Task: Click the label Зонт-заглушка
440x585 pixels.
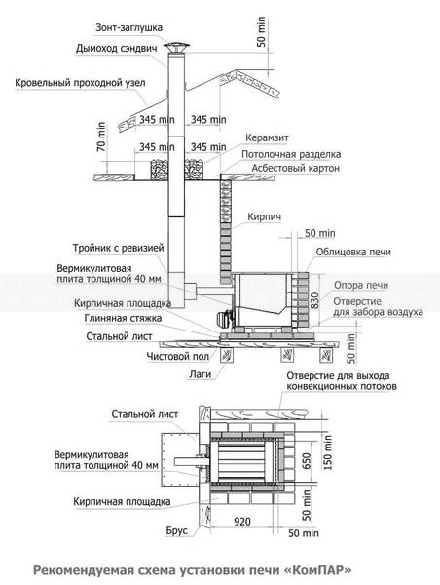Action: tap(128, 28)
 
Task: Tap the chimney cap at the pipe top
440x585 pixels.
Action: tap(177, 48)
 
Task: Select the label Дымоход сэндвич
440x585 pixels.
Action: tap(116, 49)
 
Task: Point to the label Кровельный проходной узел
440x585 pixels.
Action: tap(80, 83)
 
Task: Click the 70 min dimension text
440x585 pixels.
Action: tap(101, 136)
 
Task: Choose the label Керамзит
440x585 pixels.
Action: tap(267, 138)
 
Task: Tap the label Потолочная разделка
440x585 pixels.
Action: tap(291, 154)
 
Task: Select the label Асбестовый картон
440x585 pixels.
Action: tap(296, 169)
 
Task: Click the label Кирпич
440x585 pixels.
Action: tap(264, 216)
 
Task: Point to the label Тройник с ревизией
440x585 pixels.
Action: tap(118, 248)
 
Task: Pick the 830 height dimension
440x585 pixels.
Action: tap(315, 300)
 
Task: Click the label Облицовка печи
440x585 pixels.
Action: tap(353, 253)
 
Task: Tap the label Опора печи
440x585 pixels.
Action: tap(361, 286)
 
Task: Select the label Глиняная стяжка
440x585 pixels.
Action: tap(123, 318)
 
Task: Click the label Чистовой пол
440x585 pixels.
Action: tap(178, 357)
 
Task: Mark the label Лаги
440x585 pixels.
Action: tap(201, 374)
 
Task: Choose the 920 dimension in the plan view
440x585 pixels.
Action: tap(242, 522)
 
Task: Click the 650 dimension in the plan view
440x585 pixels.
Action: tap(307, 461)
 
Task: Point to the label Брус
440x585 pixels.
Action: tap(176, 531)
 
